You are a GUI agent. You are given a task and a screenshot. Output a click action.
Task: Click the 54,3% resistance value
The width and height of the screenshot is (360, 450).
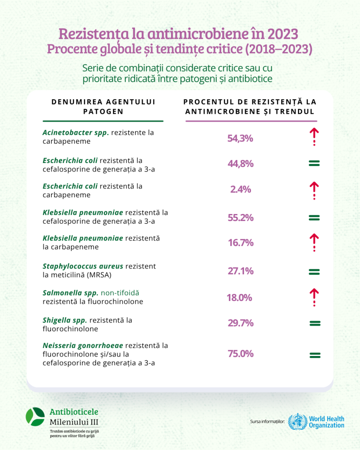pos(240,138)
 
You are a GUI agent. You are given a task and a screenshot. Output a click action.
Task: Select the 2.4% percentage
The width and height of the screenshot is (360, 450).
pos(240,189)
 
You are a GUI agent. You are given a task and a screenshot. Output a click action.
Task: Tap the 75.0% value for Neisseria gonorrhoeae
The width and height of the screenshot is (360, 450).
pos(240,354)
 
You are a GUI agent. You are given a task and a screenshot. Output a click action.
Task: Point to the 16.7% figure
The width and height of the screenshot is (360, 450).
pos(240,243)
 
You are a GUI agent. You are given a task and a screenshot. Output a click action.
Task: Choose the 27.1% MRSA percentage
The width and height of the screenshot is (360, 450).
pos(240,271)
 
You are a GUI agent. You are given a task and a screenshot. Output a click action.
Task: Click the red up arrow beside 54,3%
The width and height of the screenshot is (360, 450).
pos(314,136)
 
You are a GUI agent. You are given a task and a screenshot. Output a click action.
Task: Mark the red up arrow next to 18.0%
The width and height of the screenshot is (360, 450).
pos(314,297)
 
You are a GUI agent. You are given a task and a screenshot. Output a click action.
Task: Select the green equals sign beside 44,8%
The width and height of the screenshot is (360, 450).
pos(314,163)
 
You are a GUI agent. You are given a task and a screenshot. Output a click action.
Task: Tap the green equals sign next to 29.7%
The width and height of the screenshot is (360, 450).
pos(314,323)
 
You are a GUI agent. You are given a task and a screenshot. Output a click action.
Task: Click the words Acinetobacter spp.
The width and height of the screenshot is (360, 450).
pos(75,132)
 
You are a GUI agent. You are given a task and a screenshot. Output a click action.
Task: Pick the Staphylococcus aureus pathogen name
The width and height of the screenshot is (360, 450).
pos(83,266)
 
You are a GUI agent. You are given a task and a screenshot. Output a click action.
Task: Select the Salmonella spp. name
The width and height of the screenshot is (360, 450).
pos(70,293)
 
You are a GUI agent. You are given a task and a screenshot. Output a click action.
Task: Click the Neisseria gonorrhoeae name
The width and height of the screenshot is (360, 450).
pos(83,345)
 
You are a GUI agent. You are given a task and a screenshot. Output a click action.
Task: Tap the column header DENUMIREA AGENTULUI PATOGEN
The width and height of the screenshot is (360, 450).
pos(103,106)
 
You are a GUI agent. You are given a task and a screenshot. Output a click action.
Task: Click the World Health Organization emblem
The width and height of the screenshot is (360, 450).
pos(297,422)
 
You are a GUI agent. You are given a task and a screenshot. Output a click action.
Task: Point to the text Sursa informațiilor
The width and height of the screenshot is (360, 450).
pos(267,422)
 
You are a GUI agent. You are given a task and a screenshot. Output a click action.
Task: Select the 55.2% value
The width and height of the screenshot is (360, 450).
pos(240,218)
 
